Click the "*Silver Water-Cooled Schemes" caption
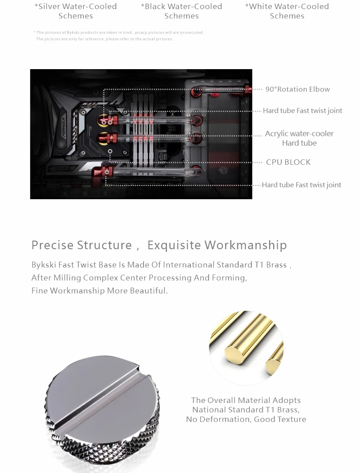[x=76, y=11]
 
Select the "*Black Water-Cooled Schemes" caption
[x=181, y=11]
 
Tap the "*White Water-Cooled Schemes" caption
[x=287, y=11]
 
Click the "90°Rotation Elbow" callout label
[x=298, y=89]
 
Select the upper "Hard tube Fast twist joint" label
[x=302, y=111]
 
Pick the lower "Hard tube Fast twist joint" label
[x=301, y=185]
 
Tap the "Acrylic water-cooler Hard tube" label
[x=299, y=138]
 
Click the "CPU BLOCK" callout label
[x=288, y=162]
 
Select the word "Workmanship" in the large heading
[x=245, y=245]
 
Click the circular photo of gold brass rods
[x=246, y=348]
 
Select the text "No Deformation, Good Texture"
[x=246, y=419]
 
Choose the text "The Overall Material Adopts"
[x=246, y=400]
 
